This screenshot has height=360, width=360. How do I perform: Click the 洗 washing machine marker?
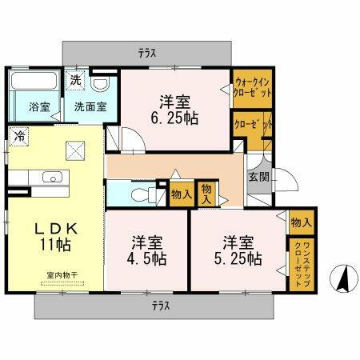[74, 80]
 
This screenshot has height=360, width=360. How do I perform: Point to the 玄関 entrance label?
[258, 177]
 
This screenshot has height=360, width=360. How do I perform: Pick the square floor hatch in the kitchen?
[76, 150]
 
